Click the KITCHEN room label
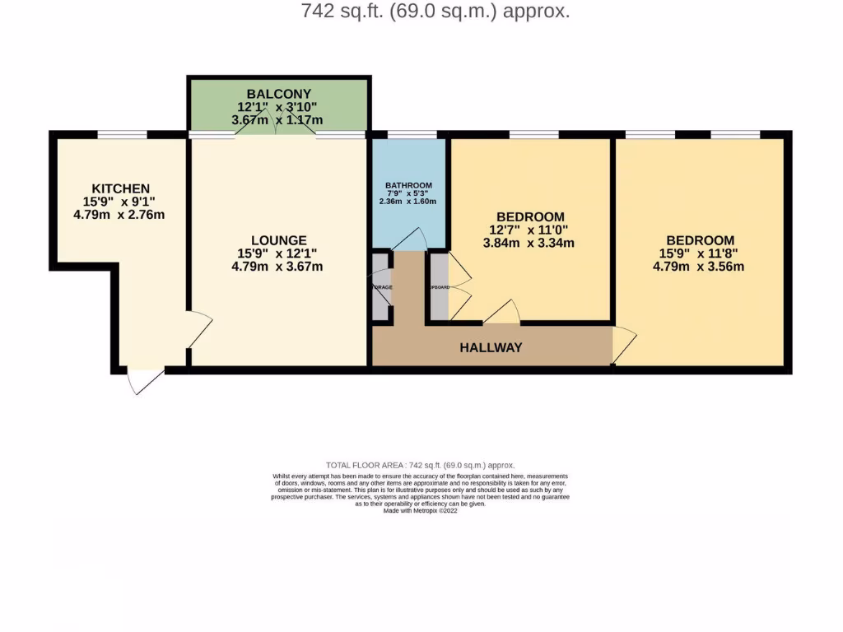pyautogui.click(x=120, y=188)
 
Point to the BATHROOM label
pyautogui.click(x=408, y=186)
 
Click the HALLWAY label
pyautogui.click(x=491, y=347)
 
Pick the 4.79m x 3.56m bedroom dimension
pyautogui.click(x=699, y=266)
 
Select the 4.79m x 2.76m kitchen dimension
pyautogui.click(x=119, y=215)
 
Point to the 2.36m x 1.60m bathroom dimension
pyautogui.click(x=408, y=202)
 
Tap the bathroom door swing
pyautogui.click(x=409, y=240)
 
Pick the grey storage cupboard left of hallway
pyautogui.click(x=380, y=286)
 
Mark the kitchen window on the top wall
pyautogui.click(x=122, y=134)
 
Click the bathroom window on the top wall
pyautogui.click(x=412, y=134)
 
